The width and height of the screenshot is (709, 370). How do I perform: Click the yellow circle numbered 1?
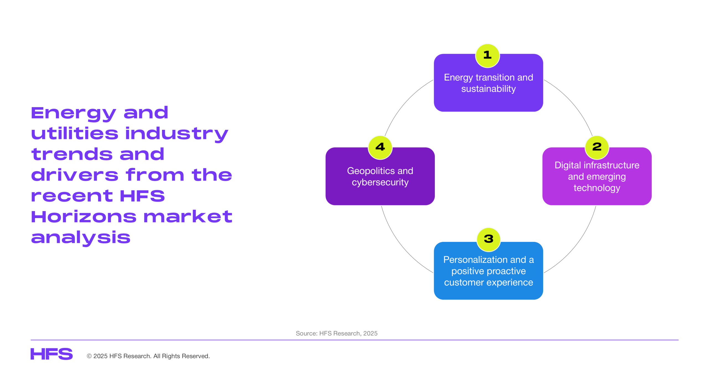(x=487, y=56)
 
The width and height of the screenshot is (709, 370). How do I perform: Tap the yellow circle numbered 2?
(x=597, y=148)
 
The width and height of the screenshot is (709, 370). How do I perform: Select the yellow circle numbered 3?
(x=489, y=240)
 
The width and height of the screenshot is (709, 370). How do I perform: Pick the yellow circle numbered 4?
(x=380, y=148)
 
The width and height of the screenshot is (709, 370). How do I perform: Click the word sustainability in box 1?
(x=488, y=89)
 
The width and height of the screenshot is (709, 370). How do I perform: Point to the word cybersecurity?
(x=380, y=182)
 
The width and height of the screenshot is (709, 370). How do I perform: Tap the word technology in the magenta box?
(x=597, y=188)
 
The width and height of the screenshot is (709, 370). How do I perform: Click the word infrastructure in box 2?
(x=611, y=165)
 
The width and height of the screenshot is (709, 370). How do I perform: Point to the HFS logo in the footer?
(x=52, y=354)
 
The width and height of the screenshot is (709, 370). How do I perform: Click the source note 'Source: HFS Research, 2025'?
(x=336, y=333)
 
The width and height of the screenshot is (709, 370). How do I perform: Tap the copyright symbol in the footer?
(x=89, y=356)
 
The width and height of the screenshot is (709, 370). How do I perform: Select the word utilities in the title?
(x=75, y=133)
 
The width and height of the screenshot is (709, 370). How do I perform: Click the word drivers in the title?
(x=75, y=175)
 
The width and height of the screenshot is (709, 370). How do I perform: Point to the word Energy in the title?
(x=73, y=113)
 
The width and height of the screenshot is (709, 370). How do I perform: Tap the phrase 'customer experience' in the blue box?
(x=489, y=283)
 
